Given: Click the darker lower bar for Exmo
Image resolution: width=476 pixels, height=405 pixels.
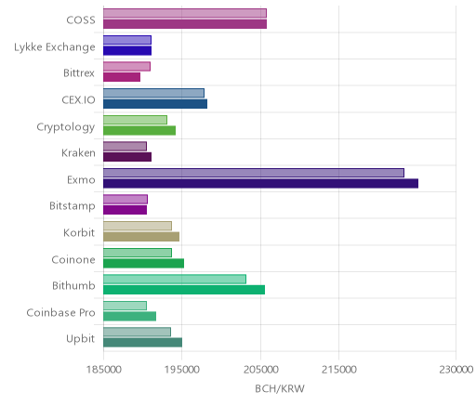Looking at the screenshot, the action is pyautogui.click(x=260, y=183).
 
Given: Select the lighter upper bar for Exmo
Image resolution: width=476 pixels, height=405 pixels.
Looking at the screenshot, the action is pyautogui.click(x=254, y=173).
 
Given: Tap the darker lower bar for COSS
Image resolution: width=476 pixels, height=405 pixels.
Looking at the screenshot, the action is pyautogui.click(x=185, y=24).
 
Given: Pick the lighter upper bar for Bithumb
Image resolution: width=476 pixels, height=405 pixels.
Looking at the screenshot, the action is pyautogui.click(x=175, y=279).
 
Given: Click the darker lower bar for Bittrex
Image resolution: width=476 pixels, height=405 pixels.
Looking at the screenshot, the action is pyautogui.click(x=122, y=77).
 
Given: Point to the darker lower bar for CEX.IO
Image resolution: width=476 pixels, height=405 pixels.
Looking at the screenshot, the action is pyautogui.click(x=155, y=104).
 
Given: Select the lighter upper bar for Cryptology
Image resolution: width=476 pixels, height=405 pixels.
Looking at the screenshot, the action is pyautogui.click(x=136, y=120).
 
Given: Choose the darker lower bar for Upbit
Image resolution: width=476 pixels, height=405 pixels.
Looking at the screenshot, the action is pyautogui.click(x=143, y=343).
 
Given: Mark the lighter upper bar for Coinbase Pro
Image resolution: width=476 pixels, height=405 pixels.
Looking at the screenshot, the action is pyautogui.click(x=126, y=306).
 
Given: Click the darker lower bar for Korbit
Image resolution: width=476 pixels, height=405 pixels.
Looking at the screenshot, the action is pyautogui.click(x=141, y=237).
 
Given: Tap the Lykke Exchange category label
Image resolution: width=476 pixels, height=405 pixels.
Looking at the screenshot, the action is pyautogui.click(x=55, y=47).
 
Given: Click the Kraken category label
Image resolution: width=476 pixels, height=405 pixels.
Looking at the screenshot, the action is pyautogui.click(x=78, y=153).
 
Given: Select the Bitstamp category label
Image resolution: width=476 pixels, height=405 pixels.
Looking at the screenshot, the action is pyautogui.click(x=73, y=206).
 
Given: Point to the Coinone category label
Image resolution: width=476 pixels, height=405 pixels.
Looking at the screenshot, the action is pyautogui.click(x=73, y=259).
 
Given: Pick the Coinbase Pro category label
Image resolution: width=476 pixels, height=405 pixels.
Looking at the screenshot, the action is pyautogui.click(x=60, y=312).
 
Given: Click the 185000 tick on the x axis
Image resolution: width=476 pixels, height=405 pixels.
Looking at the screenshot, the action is pyautogui.click(x=103, y=370).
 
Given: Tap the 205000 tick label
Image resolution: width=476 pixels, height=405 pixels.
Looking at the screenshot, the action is pyautogui.click(x=260, y=370).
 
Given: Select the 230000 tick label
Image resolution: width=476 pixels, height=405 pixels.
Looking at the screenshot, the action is pyautogui.click(x=456, y=370).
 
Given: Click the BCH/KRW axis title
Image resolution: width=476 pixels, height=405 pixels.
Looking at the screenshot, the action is pyautogui.click(x=280, y=388).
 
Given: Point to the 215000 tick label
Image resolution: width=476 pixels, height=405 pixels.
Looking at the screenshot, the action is pyautogui.click(x=338, y=370).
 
